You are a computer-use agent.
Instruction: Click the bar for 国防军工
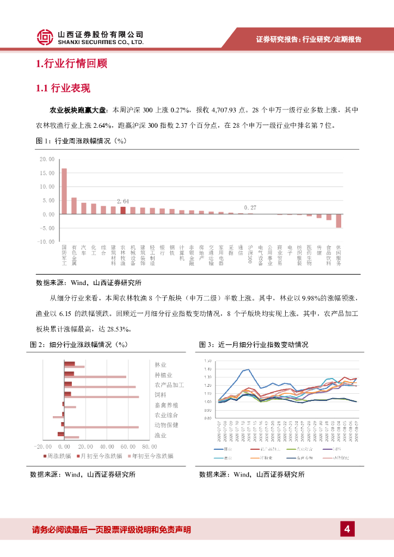(x=64, y=191)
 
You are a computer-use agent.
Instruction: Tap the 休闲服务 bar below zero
(x=338, y=220)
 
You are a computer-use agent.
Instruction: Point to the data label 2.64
(x=123, y=202)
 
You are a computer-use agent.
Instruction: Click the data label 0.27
(x=250, y=208)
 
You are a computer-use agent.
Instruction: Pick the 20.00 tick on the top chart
(x=47, y=159)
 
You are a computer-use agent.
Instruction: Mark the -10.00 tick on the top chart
(x=47, y=241)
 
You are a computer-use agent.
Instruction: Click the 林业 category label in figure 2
(x=161, y=364)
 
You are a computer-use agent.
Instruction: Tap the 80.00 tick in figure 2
(x=149, y=446)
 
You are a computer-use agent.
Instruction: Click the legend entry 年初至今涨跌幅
(x=150, y=456)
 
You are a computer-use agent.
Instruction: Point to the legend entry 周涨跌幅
(x=60, y=456)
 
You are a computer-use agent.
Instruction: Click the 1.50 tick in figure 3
(x=208, y=361)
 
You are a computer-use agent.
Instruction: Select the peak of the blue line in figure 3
(x=248, y=369)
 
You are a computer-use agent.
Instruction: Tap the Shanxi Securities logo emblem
(x=45, y=37)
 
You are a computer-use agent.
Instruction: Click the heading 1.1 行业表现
(x=63, y=89)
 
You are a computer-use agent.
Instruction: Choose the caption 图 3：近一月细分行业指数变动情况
(x=254, y=344)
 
